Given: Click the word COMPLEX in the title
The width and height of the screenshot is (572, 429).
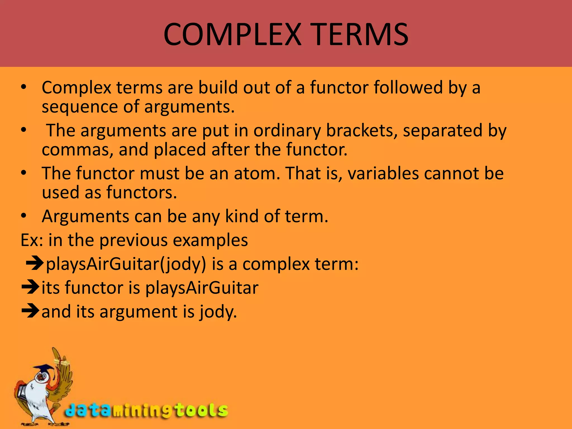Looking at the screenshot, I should point(232,35).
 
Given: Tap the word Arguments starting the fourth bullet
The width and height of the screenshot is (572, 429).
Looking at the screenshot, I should point(85,216).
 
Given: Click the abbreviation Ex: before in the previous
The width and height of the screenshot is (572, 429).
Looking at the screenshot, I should point(32,240).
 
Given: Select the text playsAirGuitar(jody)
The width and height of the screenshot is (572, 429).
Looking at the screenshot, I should point(126,264).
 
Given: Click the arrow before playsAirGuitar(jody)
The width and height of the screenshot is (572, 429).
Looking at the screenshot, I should point(35,263).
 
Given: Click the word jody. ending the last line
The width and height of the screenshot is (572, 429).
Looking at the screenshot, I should point(218,312).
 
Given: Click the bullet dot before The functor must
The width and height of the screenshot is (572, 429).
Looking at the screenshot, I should point(24,173).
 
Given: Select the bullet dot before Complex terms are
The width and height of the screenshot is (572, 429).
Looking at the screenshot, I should point(24,87).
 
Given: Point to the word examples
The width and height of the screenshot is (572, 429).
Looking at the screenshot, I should point(210,240).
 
